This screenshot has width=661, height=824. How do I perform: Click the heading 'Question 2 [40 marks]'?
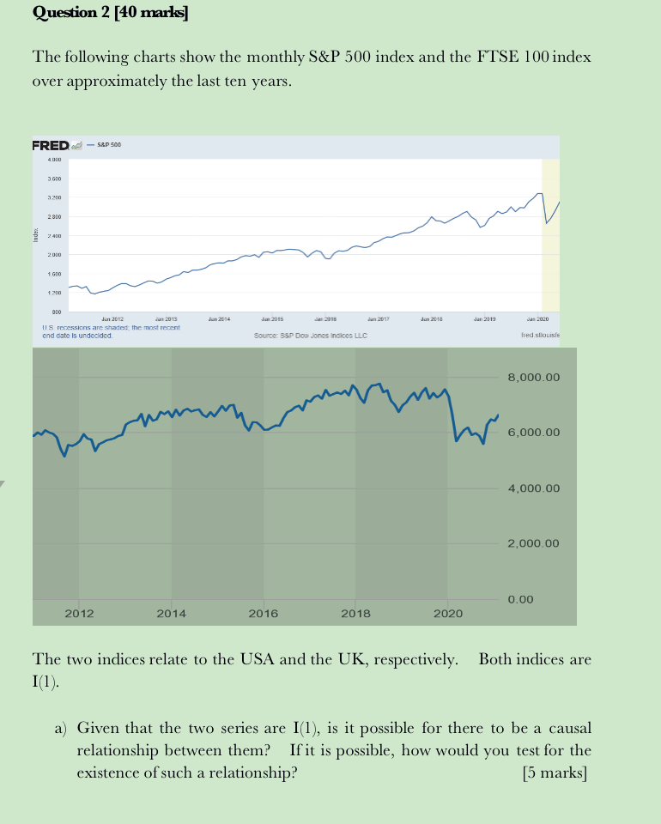pos(110,12)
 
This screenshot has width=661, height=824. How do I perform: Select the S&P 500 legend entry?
pos(109,145)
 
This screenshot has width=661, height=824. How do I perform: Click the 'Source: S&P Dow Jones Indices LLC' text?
pos(311,335)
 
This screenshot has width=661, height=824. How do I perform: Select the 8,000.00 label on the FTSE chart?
pos(533,377)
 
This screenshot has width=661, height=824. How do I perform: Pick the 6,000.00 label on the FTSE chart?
pos(533,432)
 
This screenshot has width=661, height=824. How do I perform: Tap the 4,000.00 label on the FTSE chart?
pos(533,488)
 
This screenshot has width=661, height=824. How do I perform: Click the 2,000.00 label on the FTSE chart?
pos(533,543)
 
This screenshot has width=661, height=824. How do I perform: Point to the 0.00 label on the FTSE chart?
pos(521,599)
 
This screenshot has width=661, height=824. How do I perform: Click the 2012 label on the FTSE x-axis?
pos(79,613)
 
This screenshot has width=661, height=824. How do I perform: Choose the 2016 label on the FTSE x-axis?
pos(263,613)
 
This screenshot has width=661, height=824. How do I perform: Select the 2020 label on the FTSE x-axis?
pos(447,613)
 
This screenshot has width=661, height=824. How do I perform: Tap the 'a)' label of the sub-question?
pos(61,729)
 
